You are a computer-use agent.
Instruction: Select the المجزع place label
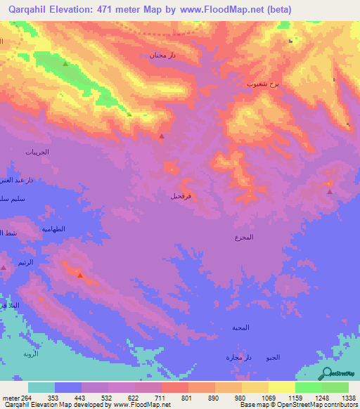(244, 238)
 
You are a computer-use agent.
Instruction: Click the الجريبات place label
(37, 152)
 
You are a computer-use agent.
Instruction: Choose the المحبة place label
(241, 327)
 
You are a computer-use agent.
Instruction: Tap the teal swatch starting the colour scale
(41, 387)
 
